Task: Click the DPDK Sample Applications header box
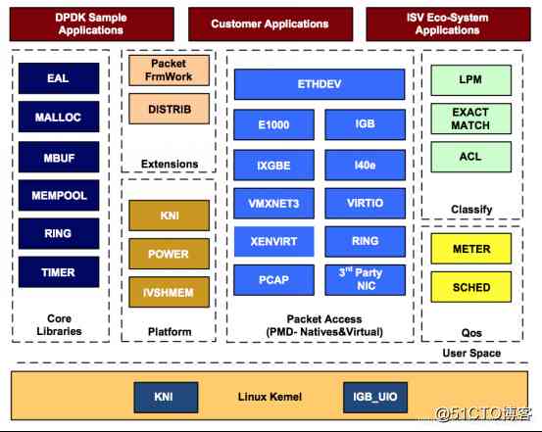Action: coord(91,24)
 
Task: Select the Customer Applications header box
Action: coord(270,24)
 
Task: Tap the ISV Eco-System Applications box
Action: coord(447,24)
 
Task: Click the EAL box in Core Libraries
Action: coord(58,78)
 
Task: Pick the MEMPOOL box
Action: coord(58,196)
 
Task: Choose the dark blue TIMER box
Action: coord(58,273)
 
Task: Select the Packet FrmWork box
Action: coord(169,70)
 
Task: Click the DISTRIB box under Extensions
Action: coord(169,107)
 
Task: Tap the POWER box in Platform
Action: coord(169,254)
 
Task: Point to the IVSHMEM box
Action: coord(169,291)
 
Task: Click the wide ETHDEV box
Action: coord(319,84)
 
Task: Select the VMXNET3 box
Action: coord(274,203)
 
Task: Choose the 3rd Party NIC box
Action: coord(365,280)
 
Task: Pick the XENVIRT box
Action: coord(274,241)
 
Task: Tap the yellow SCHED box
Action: coord(470,288)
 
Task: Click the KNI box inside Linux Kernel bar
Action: coord(163,398)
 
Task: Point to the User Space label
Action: coord(470,353)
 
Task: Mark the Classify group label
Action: coord(470,210)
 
